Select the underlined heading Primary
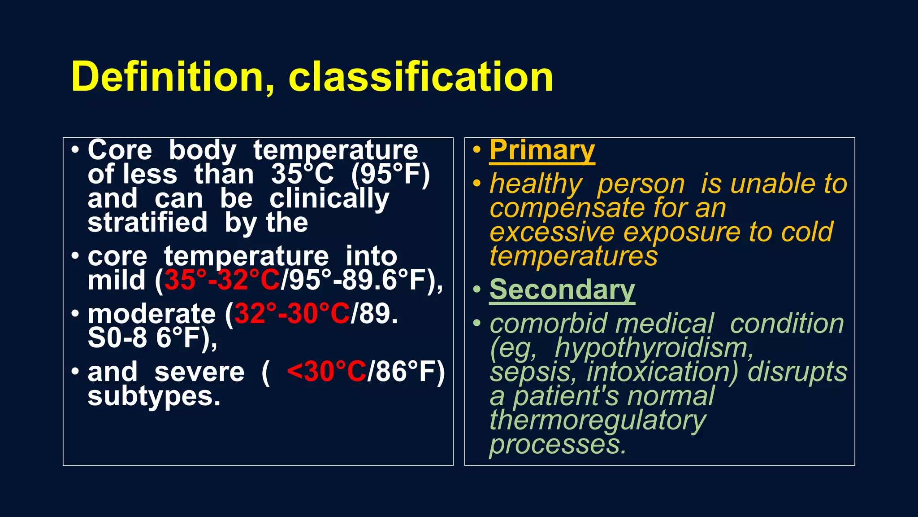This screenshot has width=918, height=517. click(542, 150)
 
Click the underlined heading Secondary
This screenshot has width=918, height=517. click(562, 290)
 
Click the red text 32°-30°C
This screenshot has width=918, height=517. click(292, 314)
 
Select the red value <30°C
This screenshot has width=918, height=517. click(326, 372)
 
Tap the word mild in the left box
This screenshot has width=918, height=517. click(117, 280)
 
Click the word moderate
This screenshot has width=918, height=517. click(152, 314)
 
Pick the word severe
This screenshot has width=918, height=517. click(199, 372)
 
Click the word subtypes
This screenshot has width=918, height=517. click(154, 397)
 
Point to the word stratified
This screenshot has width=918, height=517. click(147, 223)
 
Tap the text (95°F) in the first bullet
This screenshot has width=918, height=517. click(390, 175)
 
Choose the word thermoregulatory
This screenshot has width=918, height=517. click(598, 421)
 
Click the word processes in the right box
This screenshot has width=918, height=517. click(557, 445)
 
